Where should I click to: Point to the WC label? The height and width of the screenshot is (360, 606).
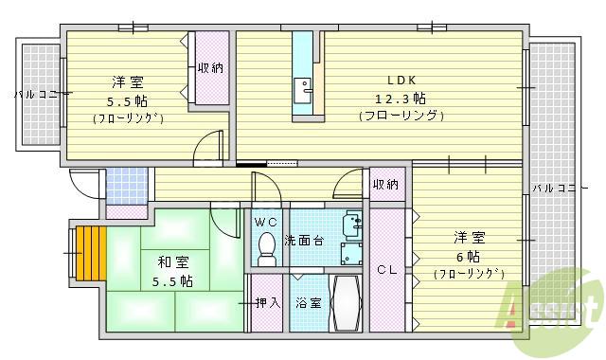pos(266,222)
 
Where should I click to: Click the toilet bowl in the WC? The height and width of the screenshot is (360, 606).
pos(266,248)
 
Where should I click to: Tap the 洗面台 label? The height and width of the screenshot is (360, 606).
pos(305,241)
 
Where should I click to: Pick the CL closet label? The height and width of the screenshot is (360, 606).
pos(385,269)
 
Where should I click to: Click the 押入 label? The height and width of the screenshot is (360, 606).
pos(267,303)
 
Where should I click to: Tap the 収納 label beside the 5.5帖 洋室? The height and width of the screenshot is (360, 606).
pos(211,67)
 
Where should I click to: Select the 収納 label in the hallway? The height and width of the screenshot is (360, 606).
pos(385,184)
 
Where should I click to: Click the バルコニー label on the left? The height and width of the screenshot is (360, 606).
pos(37,95)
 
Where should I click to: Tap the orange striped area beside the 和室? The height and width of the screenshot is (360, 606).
pos(91,253)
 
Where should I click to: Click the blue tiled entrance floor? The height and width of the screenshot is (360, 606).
pos(126,185)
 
